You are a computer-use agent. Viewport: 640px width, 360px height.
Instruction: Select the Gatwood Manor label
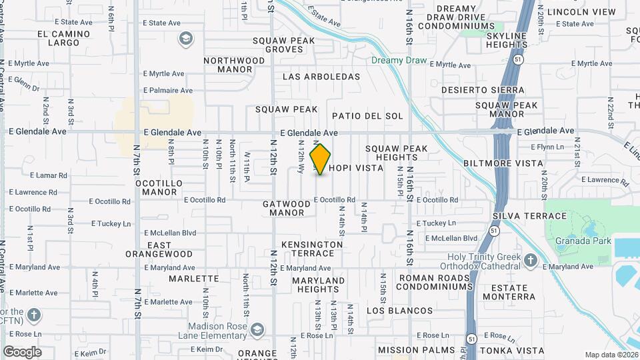click(x=287, y=208)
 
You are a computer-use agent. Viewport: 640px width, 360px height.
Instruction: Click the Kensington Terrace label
click(x=312, y=249)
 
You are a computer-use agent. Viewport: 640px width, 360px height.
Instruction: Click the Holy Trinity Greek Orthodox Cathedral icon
click(x=530, y=260)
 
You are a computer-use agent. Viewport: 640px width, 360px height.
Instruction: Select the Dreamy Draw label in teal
click(x=399, y=60)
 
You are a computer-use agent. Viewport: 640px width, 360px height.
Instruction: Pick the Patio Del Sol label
click(x=367, y=116)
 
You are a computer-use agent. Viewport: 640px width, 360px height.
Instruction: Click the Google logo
click(x=22, y=351)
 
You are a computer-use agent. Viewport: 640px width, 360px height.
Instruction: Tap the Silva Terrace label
click(x=529, y=216)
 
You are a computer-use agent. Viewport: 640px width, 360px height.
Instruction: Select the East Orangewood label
click(x=159, y=249)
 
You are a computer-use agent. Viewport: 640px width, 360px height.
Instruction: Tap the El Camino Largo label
click(x=64, y=38)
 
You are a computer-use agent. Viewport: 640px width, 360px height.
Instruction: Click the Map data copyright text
click(x=611, y=355)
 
